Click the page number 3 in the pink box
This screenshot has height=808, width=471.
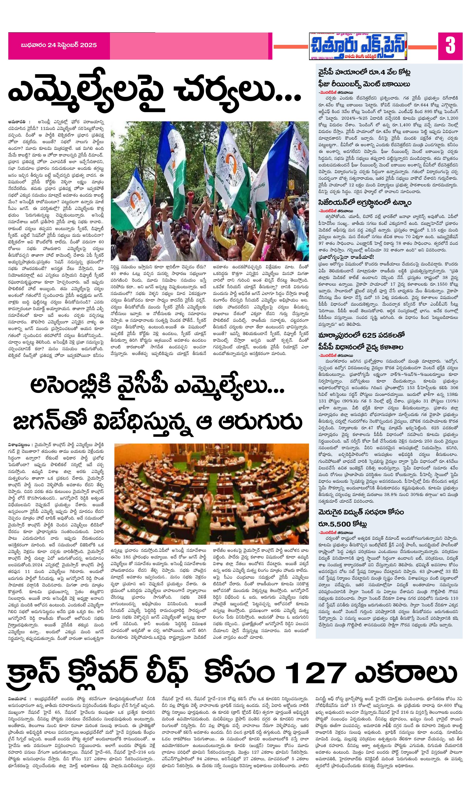tap(450, 46)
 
